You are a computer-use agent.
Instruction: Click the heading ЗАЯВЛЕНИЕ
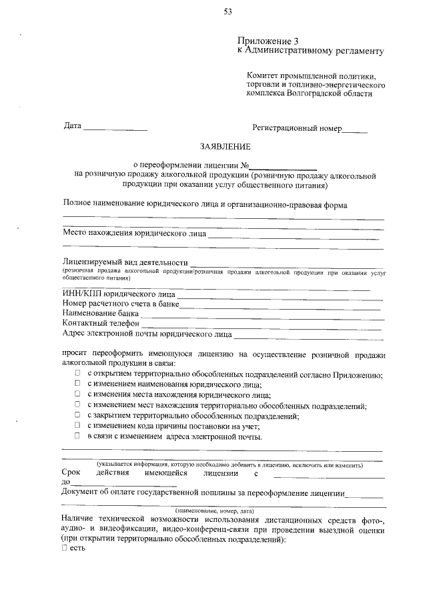225,145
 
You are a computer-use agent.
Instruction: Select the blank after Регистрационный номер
354,129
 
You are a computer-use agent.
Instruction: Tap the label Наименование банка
100,312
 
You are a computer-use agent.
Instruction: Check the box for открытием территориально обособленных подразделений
78,375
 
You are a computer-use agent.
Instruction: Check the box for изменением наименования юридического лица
78,385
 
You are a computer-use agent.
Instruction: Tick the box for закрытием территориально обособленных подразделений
78,416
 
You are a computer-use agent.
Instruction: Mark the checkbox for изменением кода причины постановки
78,426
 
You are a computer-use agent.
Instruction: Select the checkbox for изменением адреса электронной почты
78,436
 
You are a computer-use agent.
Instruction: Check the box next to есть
65,548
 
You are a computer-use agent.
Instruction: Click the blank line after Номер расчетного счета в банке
280,306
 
